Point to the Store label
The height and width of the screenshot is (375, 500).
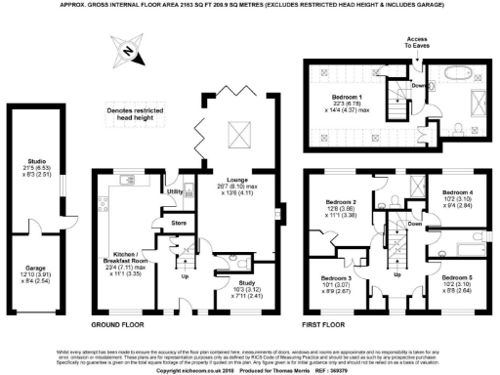pos(178,224)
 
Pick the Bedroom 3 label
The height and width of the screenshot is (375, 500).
pos(338,277)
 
